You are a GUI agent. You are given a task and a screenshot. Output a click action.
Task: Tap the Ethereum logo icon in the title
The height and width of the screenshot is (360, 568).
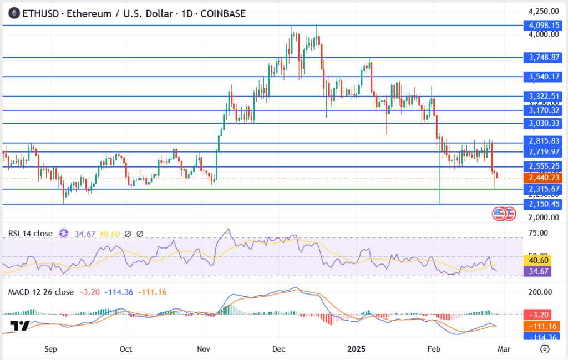13,13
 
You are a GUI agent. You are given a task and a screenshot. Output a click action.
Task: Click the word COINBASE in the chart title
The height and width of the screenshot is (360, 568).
221,13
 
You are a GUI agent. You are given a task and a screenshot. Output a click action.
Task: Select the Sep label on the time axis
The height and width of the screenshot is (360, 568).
50,349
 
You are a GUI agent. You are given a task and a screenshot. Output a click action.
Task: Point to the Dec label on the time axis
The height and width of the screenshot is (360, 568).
278,349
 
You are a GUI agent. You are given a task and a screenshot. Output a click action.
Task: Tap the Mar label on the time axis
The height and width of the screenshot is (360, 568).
504,349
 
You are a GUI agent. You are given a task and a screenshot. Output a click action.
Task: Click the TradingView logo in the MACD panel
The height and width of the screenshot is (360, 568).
20,326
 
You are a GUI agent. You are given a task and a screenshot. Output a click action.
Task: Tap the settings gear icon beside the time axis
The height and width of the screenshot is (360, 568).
545,349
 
